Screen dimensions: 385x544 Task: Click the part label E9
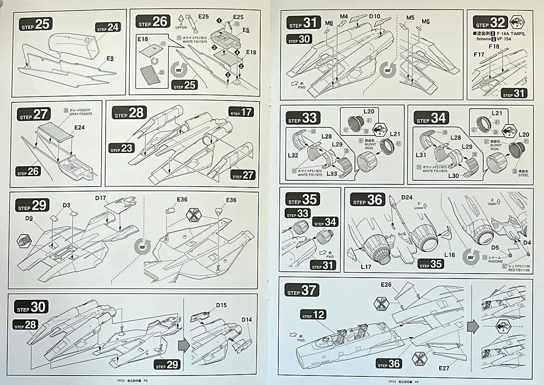point(111,58)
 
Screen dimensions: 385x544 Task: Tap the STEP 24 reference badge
point(108,27)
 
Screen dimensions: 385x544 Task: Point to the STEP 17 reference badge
point(241,112)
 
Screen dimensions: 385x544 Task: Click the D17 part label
point(101,198)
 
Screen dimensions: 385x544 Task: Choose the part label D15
point(221,305)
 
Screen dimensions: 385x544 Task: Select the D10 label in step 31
point(374,17)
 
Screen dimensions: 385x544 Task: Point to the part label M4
point(343,17)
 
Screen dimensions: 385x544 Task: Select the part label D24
point(407,197)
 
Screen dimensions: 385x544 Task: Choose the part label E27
point(444,368)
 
